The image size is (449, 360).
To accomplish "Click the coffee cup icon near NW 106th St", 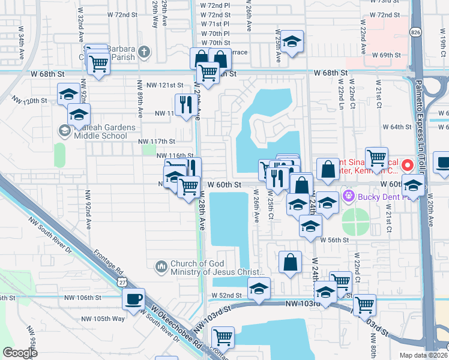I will coord(133,298).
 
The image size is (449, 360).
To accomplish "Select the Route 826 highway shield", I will coord(415,31).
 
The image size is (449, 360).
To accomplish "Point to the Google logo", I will coord(20,353).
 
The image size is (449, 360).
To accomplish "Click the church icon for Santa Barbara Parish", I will coord(143,52).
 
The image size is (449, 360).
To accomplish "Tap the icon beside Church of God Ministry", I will coord(160,266).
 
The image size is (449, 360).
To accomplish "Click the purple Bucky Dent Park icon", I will coord(348,196).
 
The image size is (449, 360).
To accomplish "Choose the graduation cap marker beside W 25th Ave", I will coord(292,41).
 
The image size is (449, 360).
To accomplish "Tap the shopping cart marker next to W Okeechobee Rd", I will coord(223,337).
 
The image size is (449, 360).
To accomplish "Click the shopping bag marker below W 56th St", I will coord(290,262).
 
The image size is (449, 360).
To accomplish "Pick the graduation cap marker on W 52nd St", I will coord(259,288).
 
